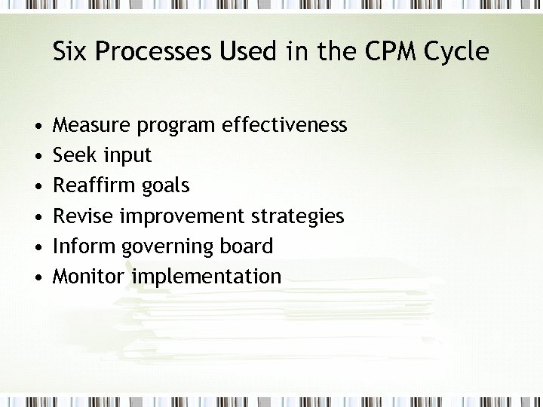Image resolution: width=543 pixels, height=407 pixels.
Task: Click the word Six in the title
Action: click(x=70, y=52)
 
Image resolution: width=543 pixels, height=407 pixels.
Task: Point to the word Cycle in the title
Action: click(x=456, y=52)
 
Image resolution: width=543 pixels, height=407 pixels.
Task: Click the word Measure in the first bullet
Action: click(x=93, y=125)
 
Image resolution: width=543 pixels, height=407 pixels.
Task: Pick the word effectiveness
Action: click(x=285, y=125)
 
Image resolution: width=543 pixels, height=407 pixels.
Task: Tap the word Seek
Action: click(x=75, y=155)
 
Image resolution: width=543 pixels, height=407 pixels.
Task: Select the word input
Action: click(x=127, y=156)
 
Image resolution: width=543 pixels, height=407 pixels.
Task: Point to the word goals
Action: click(x=166, y=186)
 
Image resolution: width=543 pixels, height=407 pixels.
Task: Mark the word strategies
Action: click(x=298, y=217)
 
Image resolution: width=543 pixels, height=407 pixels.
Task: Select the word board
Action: click(x=247, y=246)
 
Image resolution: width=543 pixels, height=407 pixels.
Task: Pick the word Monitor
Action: click(x=89, y=277)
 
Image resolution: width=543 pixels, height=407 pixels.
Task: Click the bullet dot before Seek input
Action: click(x=37, y=156)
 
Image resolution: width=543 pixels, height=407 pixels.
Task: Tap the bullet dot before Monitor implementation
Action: click(x=37, y=277)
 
